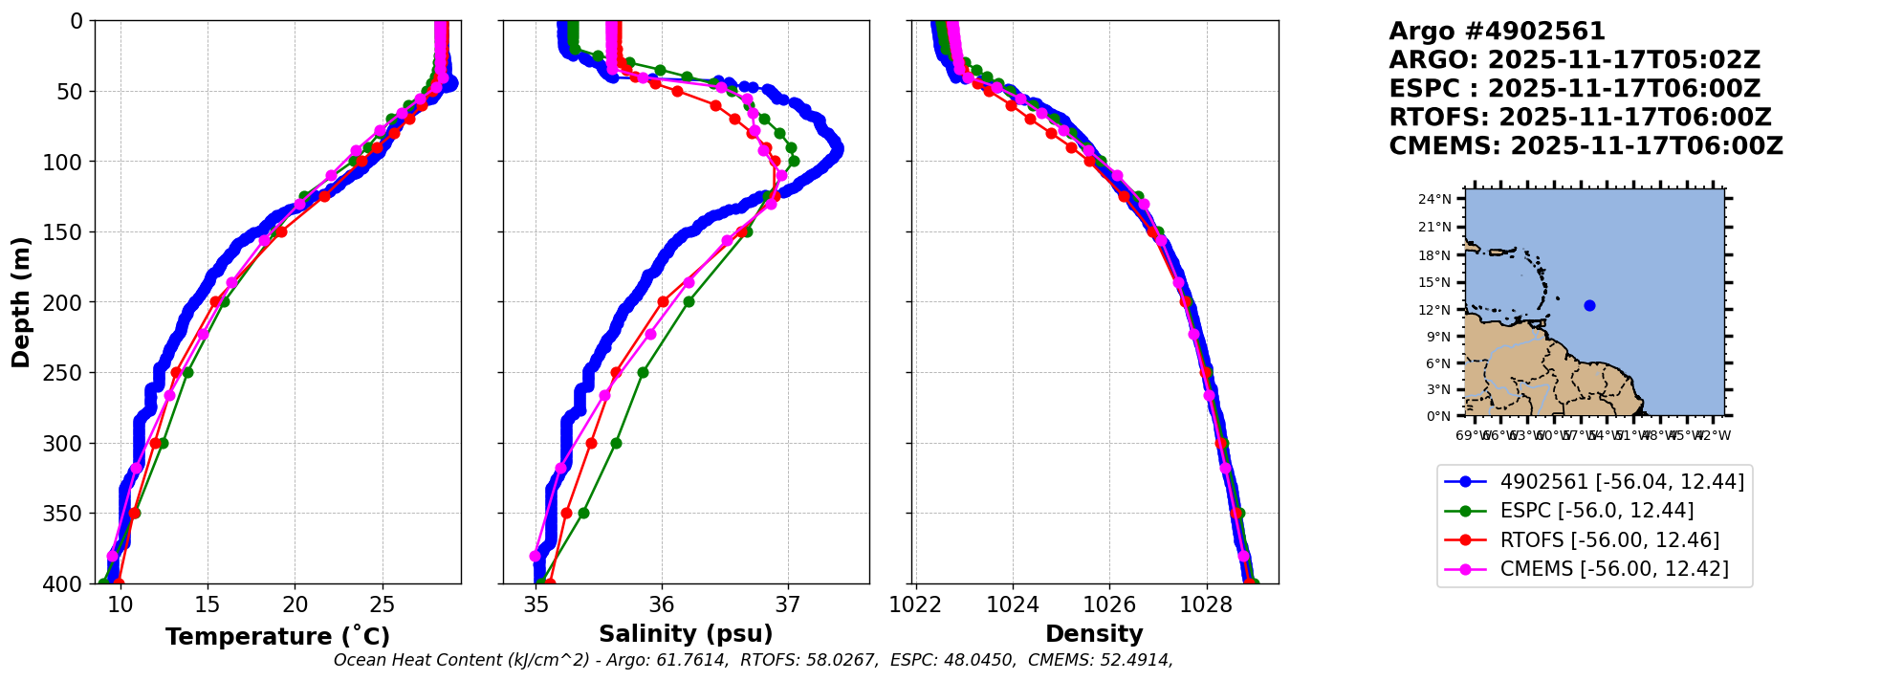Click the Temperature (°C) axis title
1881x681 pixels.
(277, 637)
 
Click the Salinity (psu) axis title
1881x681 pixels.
(686, 634)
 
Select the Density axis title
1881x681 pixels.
(1094, 634)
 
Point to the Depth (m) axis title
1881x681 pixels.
(21, 302)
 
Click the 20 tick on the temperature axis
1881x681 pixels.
(295, 604)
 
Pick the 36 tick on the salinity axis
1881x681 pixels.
(662, 604)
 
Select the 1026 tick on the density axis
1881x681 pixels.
(1109, 604)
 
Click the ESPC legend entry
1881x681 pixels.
(1596, 511)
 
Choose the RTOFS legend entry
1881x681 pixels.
(1608, 540)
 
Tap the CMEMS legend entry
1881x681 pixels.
(1613, 569)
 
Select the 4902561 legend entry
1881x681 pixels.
(1621, 482)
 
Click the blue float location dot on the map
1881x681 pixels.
(1589, 306)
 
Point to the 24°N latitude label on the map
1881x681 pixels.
(1434, 200)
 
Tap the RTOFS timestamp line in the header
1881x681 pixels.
(1580, 118)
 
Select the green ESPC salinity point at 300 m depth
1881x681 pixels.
(616, 443)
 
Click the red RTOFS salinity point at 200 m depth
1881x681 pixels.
(663, 302)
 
